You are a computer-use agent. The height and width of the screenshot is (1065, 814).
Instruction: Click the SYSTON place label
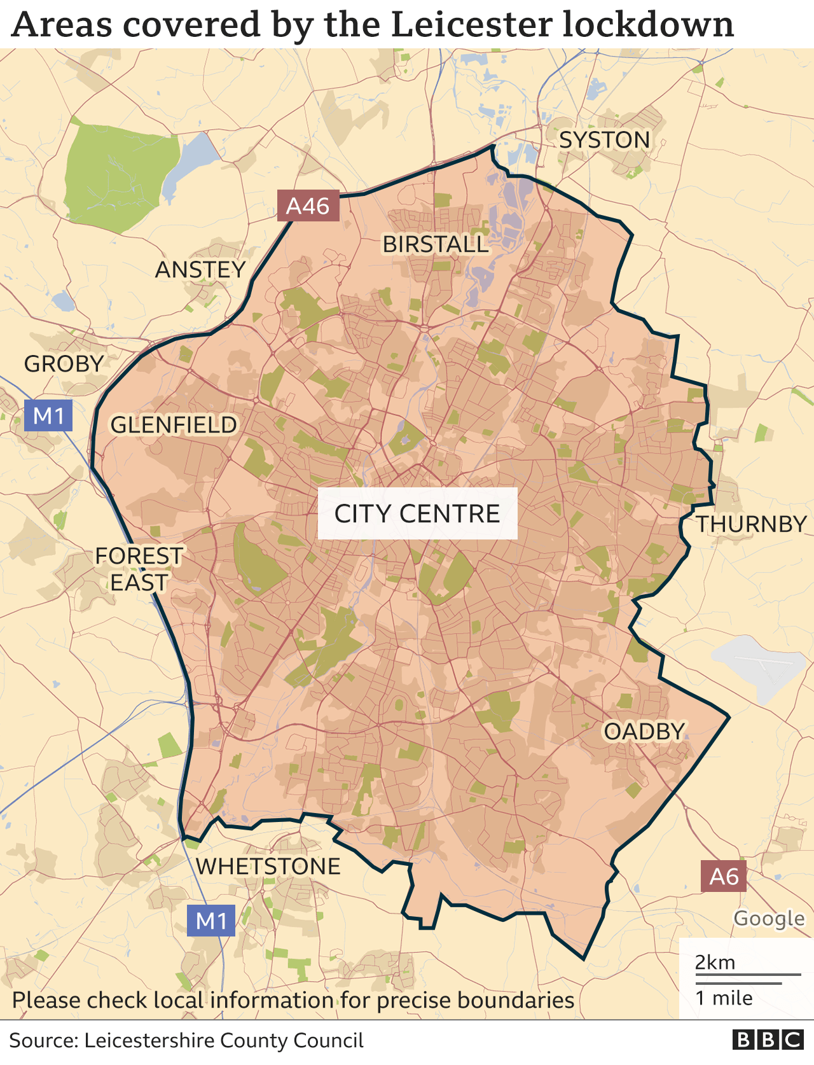point(604,140)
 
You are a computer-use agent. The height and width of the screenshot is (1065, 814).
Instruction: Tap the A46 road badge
point(308,206)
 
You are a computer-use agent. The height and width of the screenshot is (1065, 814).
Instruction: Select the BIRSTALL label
point(435,244)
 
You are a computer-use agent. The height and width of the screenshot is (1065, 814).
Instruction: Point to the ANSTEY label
point(200,270)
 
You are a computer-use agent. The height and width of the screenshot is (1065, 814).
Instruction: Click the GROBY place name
point(64,364)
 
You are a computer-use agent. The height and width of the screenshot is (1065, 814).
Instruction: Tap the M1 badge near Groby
point(48,416)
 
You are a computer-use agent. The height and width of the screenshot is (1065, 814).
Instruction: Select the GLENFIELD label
point(174,425)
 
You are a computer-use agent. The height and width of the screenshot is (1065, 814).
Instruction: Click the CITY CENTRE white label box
point(417,513)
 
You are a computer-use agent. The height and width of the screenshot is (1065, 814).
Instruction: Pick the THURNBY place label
point(751,524)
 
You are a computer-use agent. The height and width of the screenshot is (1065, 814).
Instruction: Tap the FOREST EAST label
point(139,569)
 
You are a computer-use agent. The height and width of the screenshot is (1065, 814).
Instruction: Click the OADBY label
point(644,732)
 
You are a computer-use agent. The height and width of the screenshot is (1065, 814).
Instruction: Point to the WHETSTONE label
point(268,867)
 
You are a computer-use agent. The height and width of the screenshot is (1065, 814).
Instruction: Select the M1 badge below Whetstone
point(211,921)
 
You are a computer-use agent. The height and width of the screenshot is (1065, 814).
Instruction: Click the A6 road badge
point(724,877)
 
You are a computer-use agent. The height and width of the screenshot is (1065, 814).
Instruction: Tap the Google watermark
point(769,919)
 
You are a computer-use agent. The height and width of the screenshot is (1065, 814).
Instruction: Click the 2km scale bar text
point(715,963)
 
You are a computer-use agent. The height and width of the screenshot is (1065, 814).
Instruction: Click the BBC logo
point(768,1040)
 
